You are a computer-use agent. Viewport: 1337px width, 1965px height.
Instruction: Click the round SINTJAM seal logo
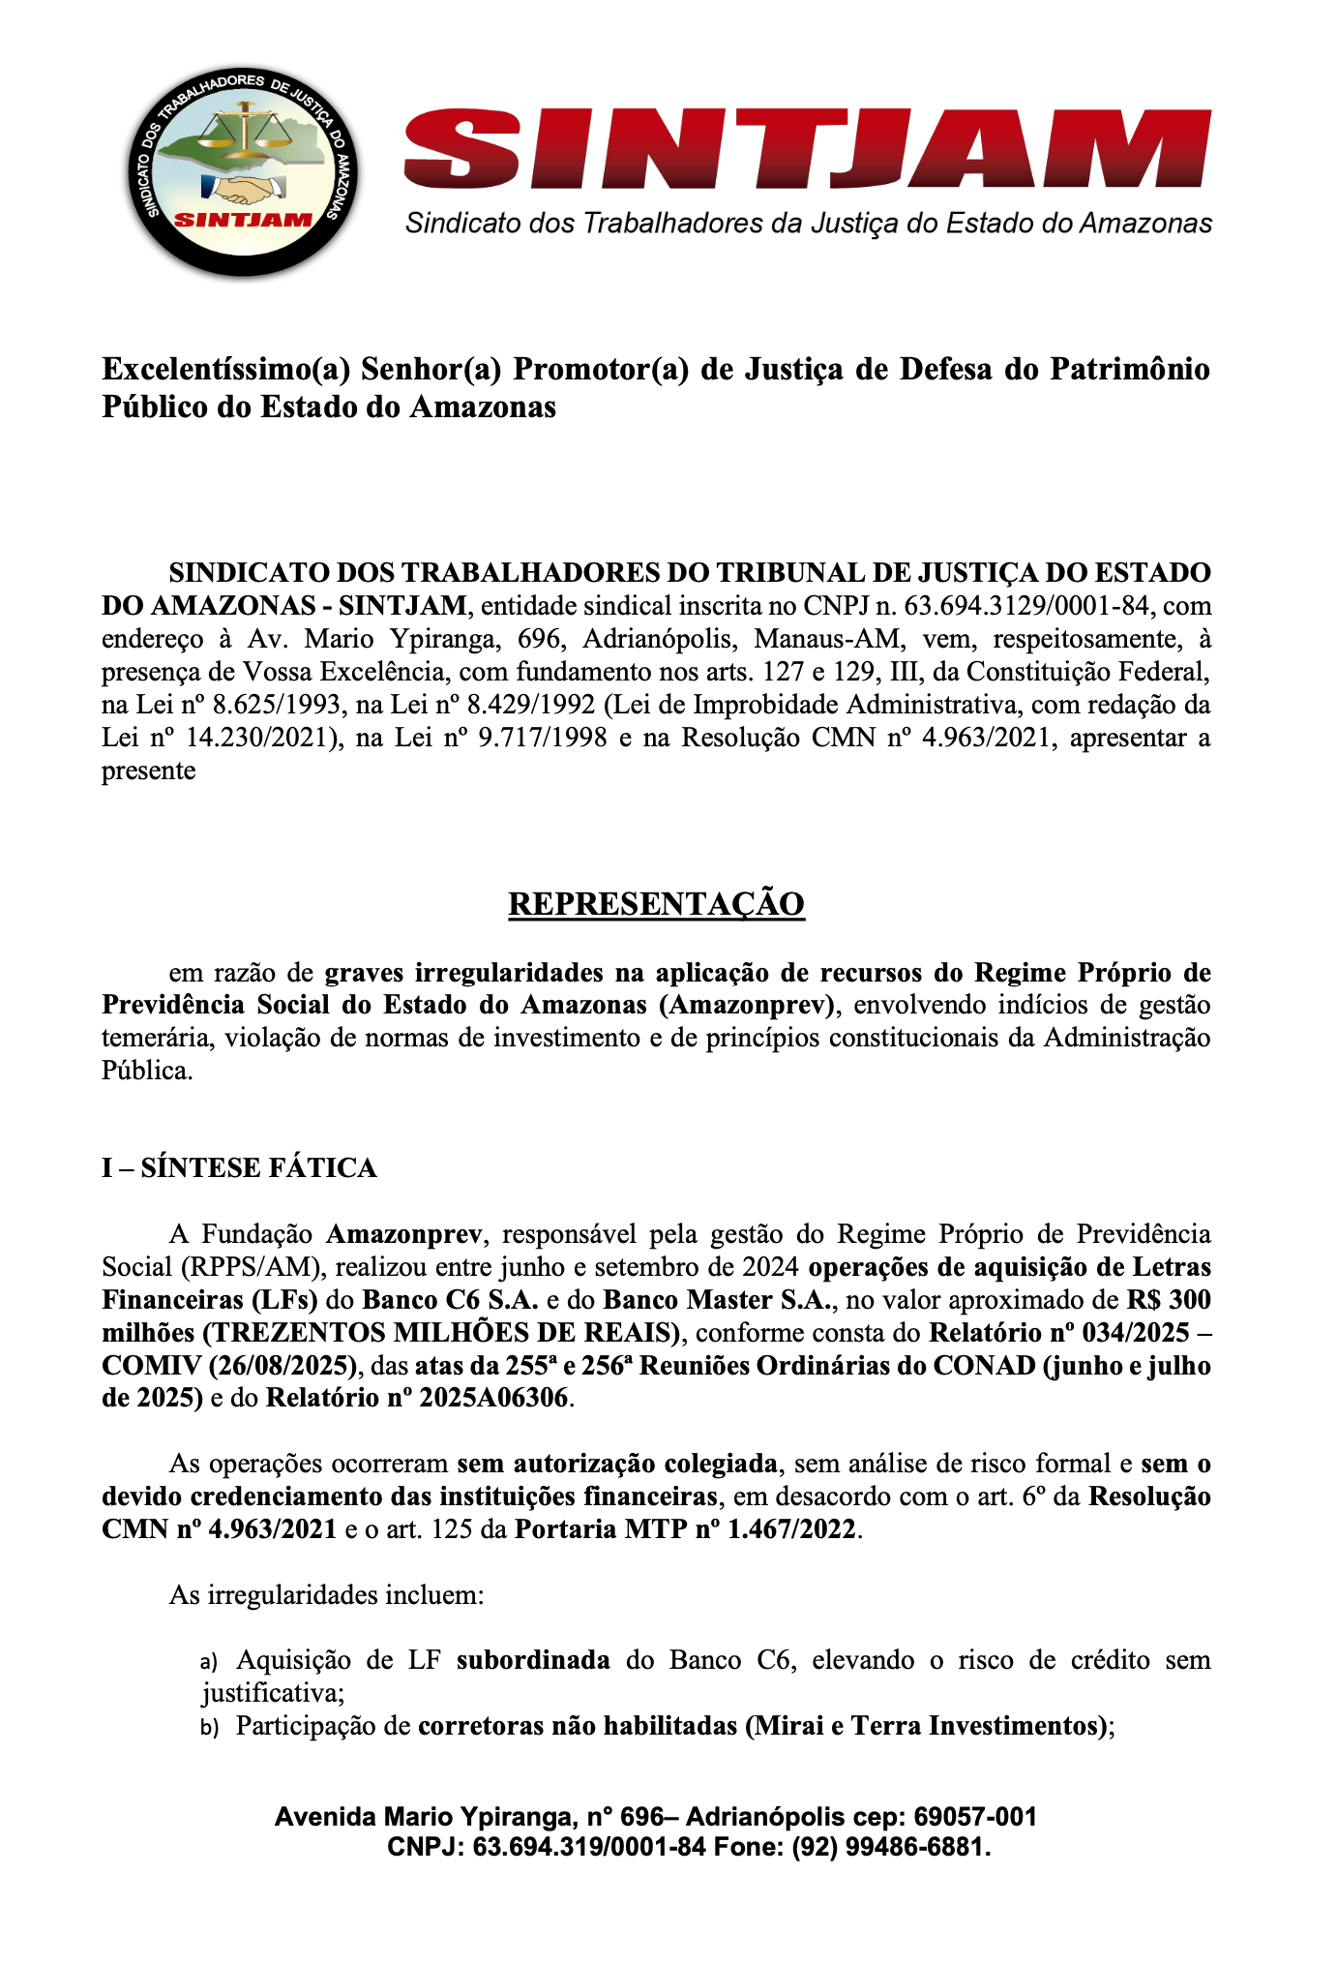click(243, 174)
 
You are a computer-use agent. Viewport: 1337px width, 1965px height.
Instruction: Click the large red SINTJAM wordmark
click(807, 151)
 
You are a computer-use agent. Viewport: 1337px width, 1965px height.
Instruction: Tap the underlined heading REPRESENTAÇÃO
click(656, 903)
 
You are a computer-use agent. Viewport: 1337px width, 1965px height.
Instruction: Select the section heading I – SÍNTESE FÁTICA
click(239, 1167)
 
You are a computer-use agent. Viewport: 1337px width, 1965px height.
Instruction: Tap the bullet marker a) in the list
click(210, 1661)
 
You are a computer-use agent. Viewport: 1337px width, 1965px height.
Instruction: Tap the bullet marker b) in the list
click(210, 1727)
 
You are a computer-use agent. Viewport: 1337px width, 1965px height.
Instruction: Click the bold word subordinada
click(533, 1660)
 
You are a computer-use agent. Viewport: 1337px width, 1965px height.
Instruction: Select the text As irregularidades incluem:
click(326, 1594)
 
